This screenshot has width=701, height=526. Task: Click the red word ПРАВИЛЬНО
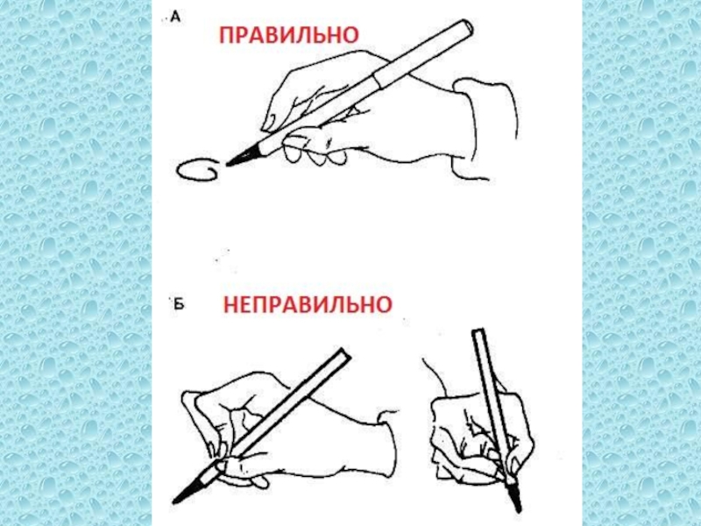(289, 35)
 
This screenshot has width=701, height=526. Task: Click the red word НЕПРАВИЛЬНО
(308, 304)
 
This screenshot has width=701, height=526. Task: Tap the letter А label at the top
(176, 18)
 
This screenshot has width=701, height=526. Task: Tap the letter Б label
(179, 303)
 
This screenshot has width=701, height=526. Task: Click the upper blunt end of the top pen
(466, 26)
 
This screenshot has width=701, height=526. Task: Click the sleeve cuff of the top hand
(485, 129)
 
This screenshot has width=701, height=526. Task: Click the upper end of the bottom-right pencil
(478, 334)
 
